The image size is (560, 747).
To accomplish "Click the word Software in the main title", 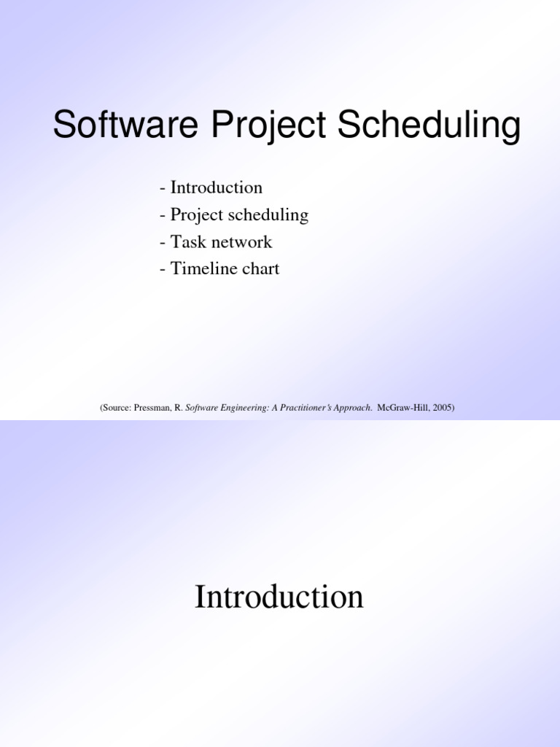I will (x=126, y=125).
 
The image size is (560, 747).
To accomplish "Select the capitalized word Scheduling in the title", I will (x=428, y=125).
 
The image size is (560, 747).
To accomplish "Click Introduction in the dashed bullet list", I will (x=216, y=187).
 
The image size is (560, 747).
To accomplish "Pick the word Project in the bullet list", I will (x=193, y=215).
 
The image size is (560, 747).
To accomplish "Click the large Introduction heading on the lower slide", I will (x=279, y=597).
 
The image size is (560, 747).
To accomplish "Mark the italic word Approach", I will (x=352, y=408).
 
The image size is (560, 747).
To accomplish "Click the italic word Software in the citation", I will (x=200, y=408).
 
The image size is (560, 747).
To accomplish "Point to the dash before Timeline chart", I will (x=163, y=268).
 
